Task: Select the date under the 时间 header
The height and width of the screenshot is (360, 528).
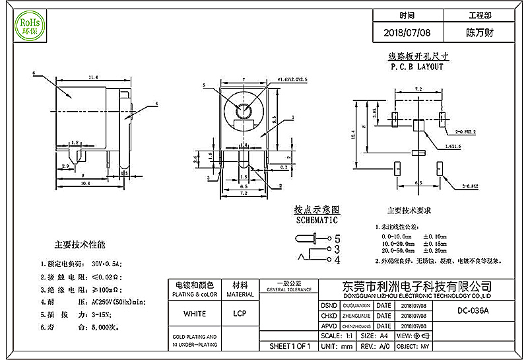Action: (x=407, y=32)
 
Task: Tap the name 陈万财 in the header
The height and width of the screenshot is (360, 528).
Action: (x=480, y=32)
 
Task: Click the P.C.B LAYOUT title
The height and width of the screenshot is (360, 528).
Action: (x=416, y=67)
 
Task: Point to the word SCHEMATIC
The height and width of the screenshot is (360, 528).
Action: (x=316, y=220)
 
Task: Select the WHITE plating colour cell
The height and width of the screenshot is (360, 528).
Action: (x=194, y=313)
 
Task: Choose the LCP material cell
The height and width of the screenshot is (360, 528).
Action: (x=240, y=313)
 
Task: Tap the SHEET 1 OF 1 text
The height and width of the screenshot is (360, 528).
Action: (x=290, y=346)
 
